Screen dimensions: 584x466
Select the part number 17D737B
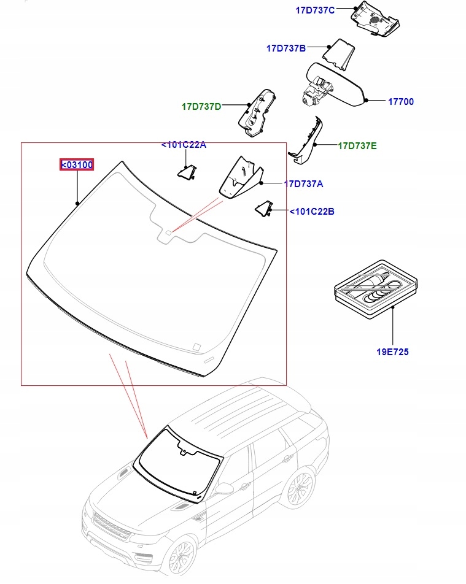pos(285,48)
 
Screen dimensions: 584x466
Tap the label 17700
pos(401,102)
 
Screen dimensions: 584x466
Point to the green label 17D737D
pos(201,106)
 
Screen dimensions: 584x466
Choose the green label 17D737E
pos(357,146)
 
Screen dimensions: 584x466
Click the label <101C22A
pos(184,145)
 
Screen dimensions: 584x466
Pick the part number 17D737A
pos(303,183)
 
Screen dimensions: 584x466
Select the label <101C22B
pos(312,212)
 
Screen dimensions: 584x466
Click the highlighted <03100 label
pos(77,164)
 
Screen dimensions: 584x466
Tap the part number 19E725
pos(393,352)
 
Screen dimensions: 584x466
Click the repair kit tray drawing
pos(375,288)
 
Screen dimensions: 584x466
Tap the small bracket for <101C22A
pos(187,173)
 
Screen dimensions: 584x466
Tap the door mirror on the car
pos(226,488)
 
